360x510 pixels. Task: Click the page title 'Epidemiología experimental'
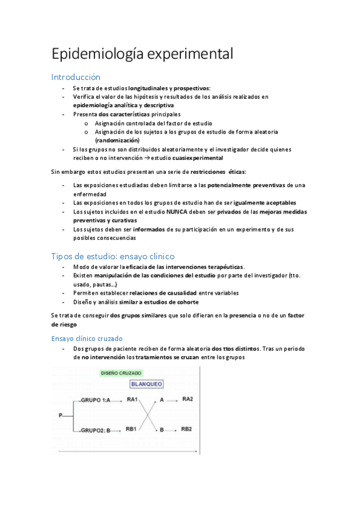point(142,54)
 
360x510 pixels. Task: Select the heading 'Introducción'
point(76,77)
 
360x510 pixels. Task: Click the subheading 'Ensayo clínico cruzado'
point(87,339)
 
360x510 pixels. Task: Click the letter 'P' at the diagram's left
point(60,415)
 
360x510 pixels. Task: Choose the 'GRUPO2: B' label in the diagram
point(98,430)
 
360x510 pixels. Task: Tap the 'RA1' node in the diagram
point(132,399)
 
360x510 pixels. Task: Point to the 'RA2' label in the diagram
point(187,399)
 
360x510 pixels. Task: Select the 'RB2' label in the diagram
point(187,429)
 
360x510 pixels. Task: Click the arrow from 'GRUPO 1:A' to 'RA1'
point(118,400)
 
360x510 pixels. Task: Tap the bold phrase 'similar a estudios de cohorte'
point(158,302)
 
